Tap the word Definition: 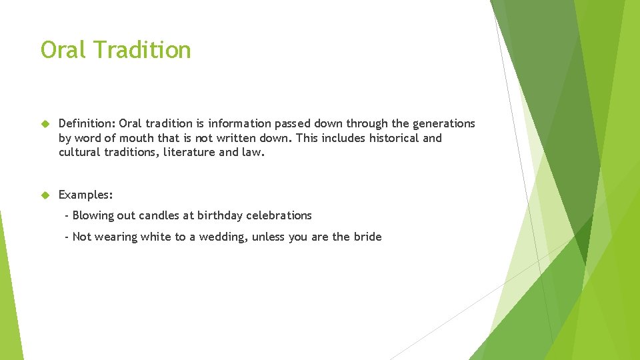point(87,124)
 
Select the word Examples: point(86,195)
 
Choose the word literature point(190,153)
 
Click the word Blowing point(93,216)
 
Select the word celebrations point(279,216)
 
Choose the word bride point(367,237)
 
